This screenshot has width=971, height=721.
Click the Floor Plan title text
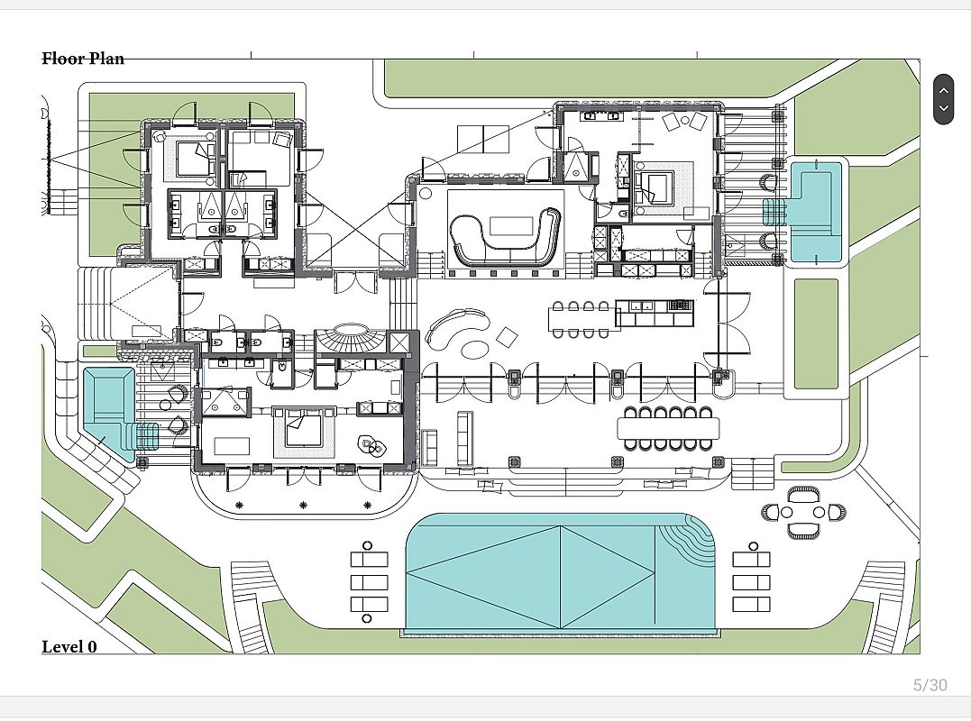[x=83, y=59]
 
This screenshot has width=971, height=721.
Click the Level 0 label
[x=69, y=647]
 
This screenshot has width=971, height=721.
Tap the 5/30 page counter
[x=930, y=685]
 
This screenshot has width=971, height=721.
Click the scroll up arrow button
[x=943, y=90]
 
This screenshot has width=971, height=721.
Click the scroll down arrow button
[x=943, y=108]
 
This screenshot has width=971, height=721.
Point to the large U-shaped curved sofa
[x=505, y=237]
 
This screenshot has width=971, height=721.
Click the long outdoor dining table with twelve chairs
[x=669, y=428]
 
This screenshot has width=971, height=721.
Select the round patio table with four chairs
[x=803, y=512]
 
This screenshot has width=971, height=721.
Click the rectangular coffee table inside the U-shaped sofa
[x=511, y=225]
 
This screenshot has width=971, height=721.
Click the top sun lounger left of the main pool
[x=369, y=560]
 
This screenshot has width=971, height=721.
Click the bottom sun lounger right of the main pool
[x=751, y=604]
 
